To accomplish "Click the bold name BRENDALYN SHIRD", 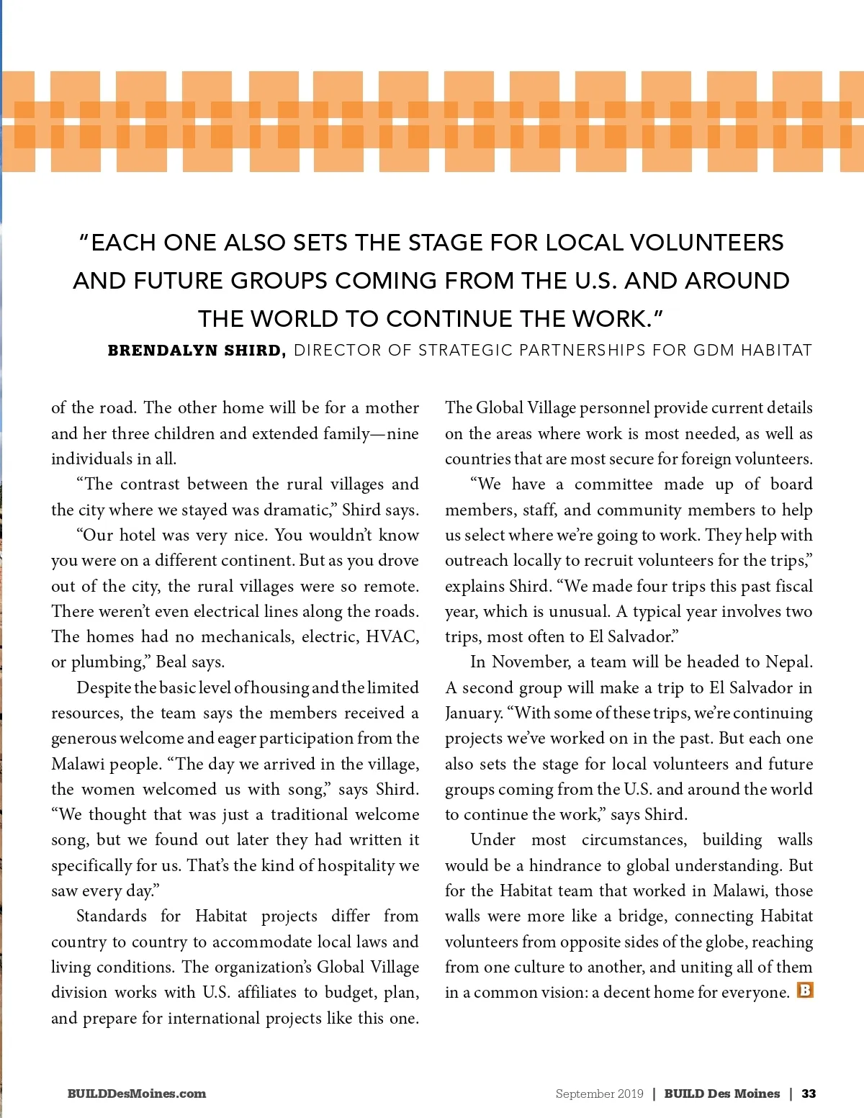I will coord(196,351).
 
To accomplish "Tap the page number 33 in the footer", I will coord(809,1094).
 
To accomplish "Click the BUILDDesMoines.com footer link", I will coord(137,1094).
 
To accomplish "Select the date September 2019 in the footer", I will coord(599,1094).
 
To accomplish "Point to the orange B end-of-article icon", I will coord(805,991).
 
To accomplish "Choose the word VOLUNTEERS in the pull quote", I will coord(706,243).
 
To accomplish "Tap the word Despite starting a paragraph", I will coord(104,688).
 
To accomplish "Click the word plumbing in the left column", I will coord(107,662).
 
